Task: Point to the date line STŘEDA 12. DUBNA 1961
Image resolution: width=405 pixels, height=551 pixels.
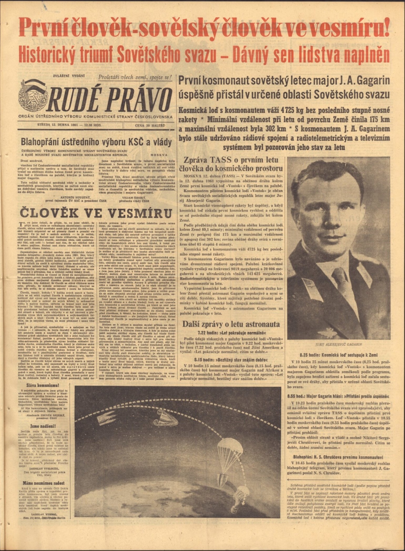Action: pos(70,125)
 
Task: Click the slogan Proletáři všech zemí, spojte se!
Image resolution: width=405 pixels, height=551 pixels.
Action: pos(135,77)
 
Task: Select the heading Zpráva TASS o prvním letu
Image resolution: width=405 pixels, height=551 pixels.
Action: pos(231,161)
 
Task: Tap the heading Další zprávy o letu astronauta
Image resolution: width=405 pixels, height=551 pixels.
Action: pos(231,324)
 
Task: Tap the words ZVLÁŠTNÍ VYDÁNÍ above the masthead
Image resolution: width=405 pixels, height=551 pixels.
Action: pos(69,76)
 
